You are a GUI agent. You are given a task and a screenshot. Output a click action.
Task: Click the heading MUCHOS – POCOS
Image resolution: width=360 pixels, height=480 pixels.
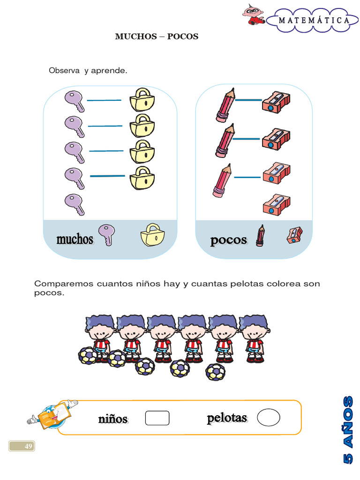(x=157, y=37)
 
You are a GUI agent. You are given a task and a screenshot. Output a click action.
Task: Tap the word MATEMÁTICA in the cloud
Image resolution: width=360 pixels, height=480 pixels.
(x=314, y=21)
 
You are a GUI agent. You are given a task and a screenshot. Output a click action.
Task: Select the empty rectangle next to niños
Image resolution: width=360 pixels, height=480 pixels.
(x=157, y=418)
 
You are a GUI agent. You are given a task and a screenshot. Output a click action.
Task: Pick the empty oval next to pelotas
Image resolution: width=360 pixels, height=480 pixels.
(x=269, y=417)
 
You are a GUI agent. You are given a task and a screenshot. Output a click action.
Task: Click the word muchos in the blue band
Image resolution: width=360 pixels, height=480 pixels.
(x=75, y=240)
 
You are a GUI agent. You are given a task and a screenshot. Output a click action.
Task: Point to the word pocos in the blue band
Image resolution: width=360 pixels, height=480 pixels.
(x=228, y=240)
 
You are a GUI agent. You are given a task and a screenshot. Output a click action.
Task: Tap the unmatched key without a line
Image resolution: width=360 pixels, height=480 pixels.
(x=74, y=204)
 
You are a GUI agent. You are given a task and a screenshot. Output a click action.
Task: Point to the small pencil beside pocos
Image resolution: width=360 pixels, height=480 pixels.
(x=260, y=235)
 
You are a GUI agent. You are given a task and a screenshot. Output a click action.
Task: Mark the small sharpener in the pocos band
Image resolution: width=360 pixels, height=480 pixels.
(x=294, y=235)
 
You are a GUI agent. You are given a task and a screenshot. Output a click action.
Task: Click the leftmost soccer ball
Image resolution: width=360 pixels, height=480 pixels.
(x=88, y=356)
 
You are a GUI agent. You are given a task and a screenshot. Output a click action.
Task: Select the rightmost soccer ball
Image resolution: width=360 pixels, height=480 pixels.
(x=216, y=372)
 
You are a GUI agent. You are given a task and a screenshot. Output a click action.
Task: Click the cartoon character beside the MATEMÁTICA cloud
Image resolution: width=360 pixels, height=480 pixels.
(x=254, y=15)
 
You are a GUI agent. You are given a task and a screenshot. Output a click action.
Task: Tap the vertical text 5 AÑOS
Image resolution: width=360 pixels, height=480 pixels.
(x=347, y=430)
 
